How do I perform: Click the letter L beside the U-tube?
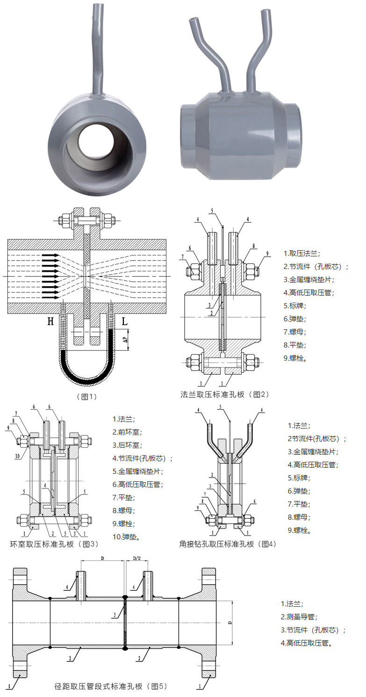tap(125, 321)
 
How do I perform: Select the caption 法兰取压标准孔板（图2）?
tap(224, 394)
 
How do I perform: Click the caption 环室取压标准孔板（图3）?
tap(54, 544)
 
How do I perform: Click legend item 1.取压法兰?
tap(302, 253)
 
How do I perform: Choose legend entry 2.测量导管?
tap(299, 617)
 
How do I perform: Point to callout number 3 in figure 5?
tap(115, 615)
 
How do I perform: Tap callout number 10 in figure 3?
tap(17, 455)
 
